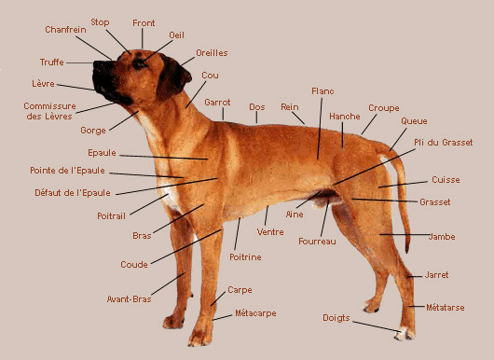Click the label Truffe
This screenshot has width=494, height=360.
click(51, 62)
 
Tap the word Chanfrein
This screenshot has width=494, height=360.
click(65, 30)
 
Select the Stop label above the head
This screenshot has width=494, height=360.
click(100, 22)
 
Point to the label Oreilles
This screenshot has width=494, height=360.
click(212, 53)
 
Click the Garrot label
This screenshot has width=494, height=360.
click(217, 103)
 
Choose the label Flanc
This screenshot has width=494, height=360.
click(322, 91)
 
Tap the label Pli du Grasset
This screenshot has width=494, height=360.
click(444, 143)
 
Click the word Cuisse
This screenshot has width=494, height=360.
click(446, 180)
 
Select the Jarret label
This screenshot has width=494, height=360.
click(436, 275)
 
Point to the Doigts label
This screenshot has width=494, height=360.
click(336, 318)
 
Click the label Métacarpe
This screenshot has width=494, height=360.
click(255, 313)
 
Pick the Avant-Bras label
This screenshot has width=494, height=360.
click(130, 298)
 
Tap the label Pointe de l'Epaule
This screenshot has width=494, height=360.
click(67, 171)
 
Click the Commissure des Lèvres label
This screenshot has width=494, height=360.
click(49, 111)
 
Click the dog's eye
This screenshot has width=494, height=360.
click(139, 64)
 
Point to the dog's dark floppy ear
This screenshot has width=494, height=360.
click(172, 77)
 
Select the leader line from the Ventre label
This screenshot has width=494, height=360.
click(267, 215)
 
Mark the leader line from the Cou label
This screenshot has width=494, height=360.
click(196, 95)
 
